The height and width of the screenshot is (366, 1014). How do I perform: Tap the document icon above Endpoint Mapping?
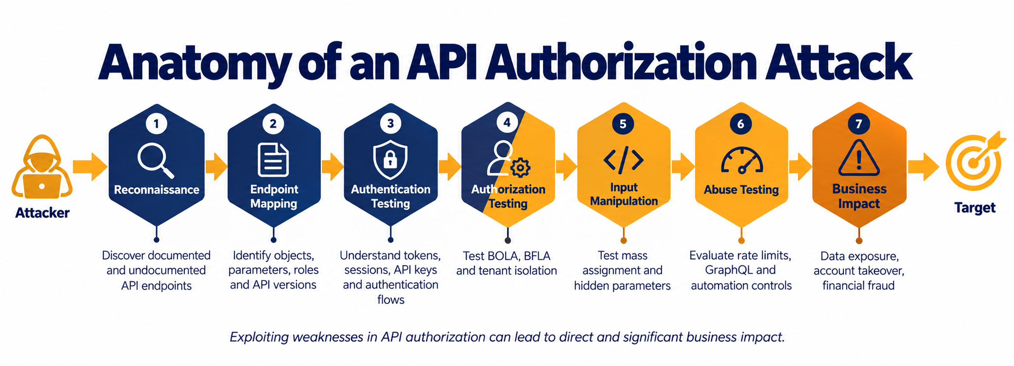tap(273, 160)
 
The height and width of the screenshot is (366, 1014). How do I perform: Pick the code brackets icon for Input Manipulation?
tap(624, 160)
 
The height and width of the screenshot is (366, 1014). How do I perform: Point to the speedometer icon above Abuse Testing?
tap(742, 161)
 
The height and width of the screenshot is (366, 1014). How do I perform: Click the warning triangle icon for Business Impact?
tap(859, 158)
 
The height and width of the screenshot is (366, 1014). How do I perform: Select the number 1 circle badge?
tap(156, 124)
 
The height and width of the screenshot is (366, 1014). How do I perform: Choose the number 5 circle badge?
tap(623, 124)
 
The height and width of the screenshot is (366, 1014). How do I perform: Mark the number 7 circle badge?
tap(858, 124)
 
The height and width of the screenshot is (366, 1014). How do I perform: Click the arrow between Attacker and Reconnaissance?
tap(90, 166)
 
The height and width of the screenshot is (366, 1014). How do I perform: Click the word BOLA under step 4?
tap(504, 256)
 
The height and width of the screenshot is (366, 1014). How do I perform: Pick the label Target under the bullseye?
tap(975, 208)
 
